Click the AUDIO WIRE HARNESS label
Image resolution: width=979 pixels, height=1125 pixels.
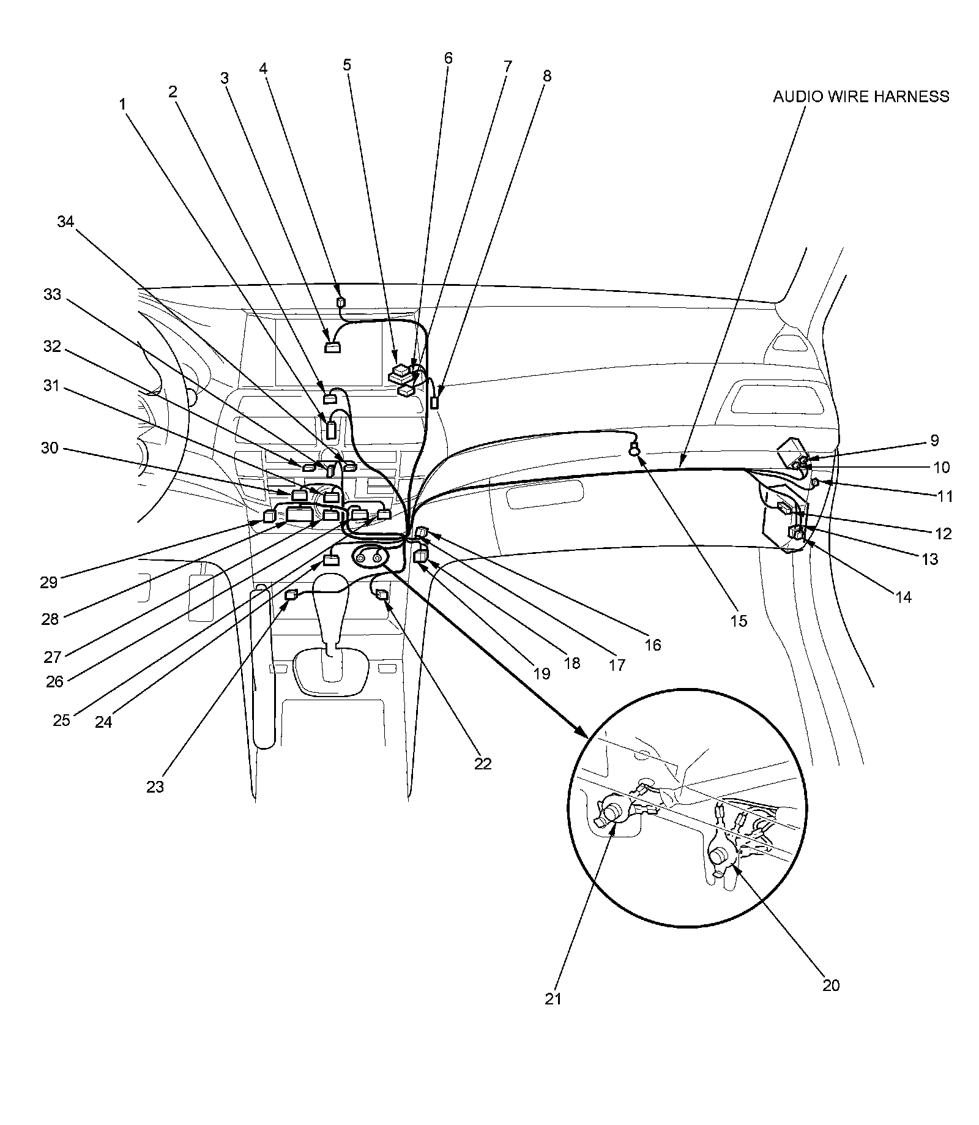pos(860,97)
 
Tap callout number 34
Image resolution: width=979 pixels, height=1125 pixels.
pos(65,222)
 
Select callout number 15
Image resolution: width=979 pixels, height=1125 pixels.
pos(739,621)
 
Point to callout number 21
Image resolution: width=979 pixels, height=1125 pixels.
pos(553,998)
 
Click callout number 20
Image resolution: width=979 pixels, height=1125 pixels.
pos(831,985)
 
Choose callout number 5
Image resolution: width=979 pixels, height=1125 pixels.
pos(347,65)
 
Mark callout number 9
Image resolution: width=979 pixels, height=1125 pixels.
pos(934,440)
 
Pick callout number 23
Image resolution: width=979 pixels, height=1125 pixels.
pos(155,786)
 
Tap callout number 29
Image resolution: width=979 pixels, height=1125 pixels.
pos(48,581)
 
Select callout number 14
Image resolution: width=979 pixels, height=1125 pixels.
pos(903,597)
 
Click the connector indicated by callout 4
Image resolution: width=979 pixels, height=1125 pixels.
pos(341,302)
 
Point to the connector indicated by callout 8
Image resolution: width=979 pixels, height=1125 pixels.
pos(435,403)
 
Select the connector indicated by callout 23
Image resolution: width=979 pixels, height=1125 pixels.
pos(292,593)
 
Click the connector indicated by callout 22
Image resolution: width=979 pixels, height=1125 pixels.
pos(382,594)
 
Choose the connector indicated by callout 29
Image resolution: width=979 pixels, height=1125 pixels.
pos(268,516)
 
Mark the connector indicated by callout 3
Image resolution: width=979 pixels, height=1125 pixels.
pos(332,349)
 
